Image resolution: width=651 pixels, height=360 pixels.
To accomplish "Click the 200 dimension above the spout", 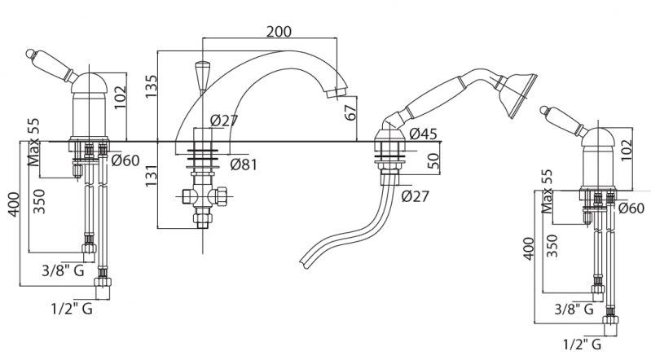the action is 279,31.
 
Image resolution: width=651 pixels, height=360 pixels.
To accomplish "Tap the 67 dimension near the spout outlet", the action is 351,112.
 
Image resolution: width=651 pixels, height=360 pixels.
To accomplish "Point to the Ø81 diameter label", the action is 244,165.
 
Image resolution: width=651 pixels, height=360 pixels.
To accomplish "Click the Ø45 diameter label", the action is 423,134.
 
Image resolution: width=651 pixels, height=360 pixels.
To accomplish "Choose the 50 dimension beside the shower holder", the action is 433,160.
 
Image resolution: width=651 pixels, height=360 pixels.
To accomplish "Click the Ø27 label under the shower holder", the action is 416,195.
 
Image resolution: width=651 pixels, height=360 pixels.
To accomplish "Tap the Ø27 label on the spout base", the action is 224,121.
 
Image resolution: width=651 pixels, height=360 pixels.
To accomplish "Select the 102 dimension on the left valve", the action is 121,97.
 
